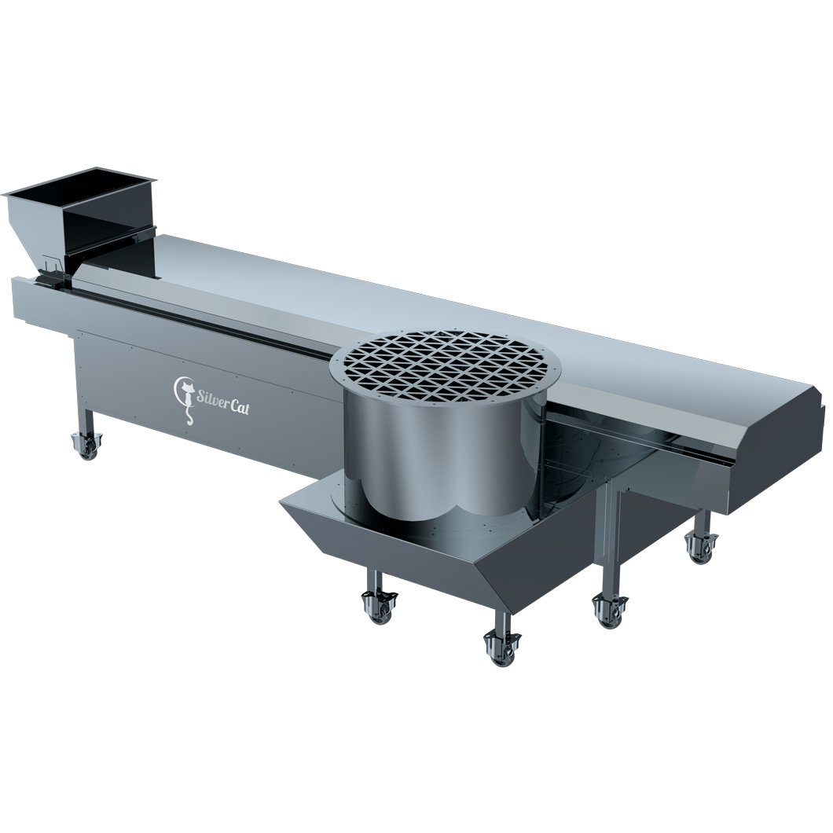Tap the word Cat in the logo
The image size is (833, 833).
pos(240,406)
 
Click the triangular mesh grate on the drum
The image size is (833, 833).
pos(446,365)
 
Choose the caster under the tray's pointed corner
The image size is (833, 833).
pos(380,607)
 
